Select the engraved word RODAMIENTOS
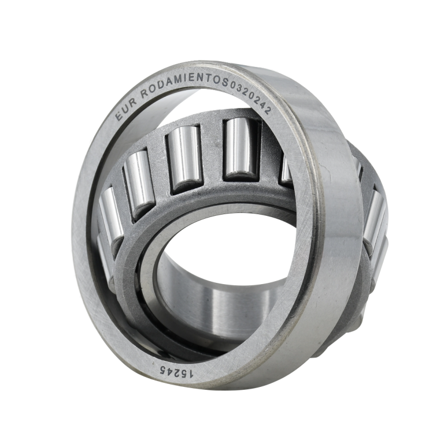(x=185, y=83)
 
